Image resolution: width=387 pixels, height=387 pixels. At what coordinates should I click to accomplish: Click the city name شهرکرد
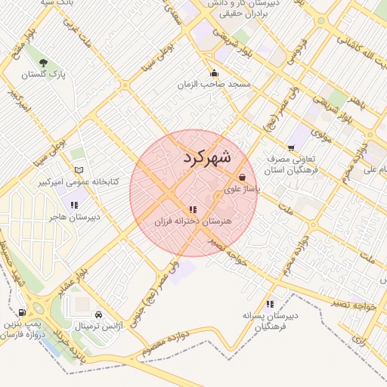pyautogui.click(x=206, y=158)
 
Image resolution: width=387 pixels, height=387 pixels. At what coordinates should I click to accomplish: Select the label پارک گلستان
pyautogui.click(x=45, y=75)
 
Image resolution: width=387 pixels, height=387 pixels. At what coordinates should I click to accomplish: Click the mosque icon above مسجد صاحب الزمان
pyautogui.click(x=215, y=73)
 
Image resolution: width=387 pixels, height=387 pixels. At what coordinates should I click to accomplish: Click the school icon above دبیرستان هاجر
pyautogui.click(x=75, y=204)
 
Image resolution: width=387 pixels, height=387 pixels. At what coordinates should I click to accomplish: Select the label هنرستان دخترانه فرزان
pyautogui.click(x=192, y=221)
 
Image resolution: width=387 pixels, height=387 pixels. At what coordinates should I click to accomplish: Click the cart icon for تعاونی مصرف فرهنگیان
pyautogui.click(x=291, y=148)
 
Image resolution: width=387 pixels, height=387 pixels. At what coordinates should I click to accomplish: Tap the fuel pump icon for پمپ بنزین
pyautogui.click(x=22, y=312)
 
